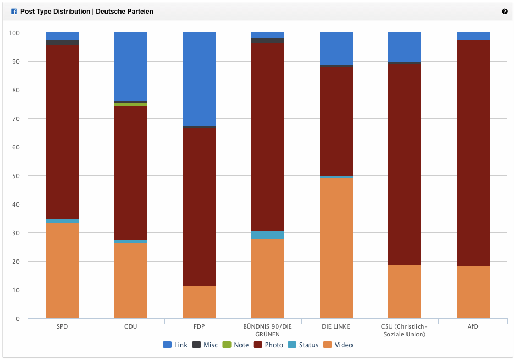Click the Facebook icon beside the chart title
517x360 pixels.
(x=14, y=12)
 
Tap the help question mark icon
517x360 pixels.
(x=504, y=12)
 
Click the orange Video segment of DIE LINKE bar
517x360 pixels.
(x=336, y=248)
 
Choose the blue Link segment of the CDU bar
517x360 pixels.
(x=131, y=67)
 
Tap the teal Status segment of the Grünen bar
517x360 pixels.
(x=268, y=235)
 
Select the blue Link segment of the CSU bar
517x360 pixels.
(x=404, y=47)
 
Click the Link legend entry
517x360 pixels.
(x=175, y=345)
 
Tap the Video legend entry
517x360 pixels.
(x=338, y=345)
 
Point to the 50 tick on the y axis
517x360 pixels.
(x=16, y=176)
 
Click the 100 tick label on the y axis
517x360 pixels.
(x=14, y=33)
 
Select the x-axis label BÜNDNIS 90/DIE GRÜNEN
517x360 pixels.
(x=268, y=330)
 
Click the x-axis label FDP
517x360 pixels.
(x=199, y=326)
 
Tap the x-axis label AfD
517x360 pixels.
(x=473, y=326)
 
